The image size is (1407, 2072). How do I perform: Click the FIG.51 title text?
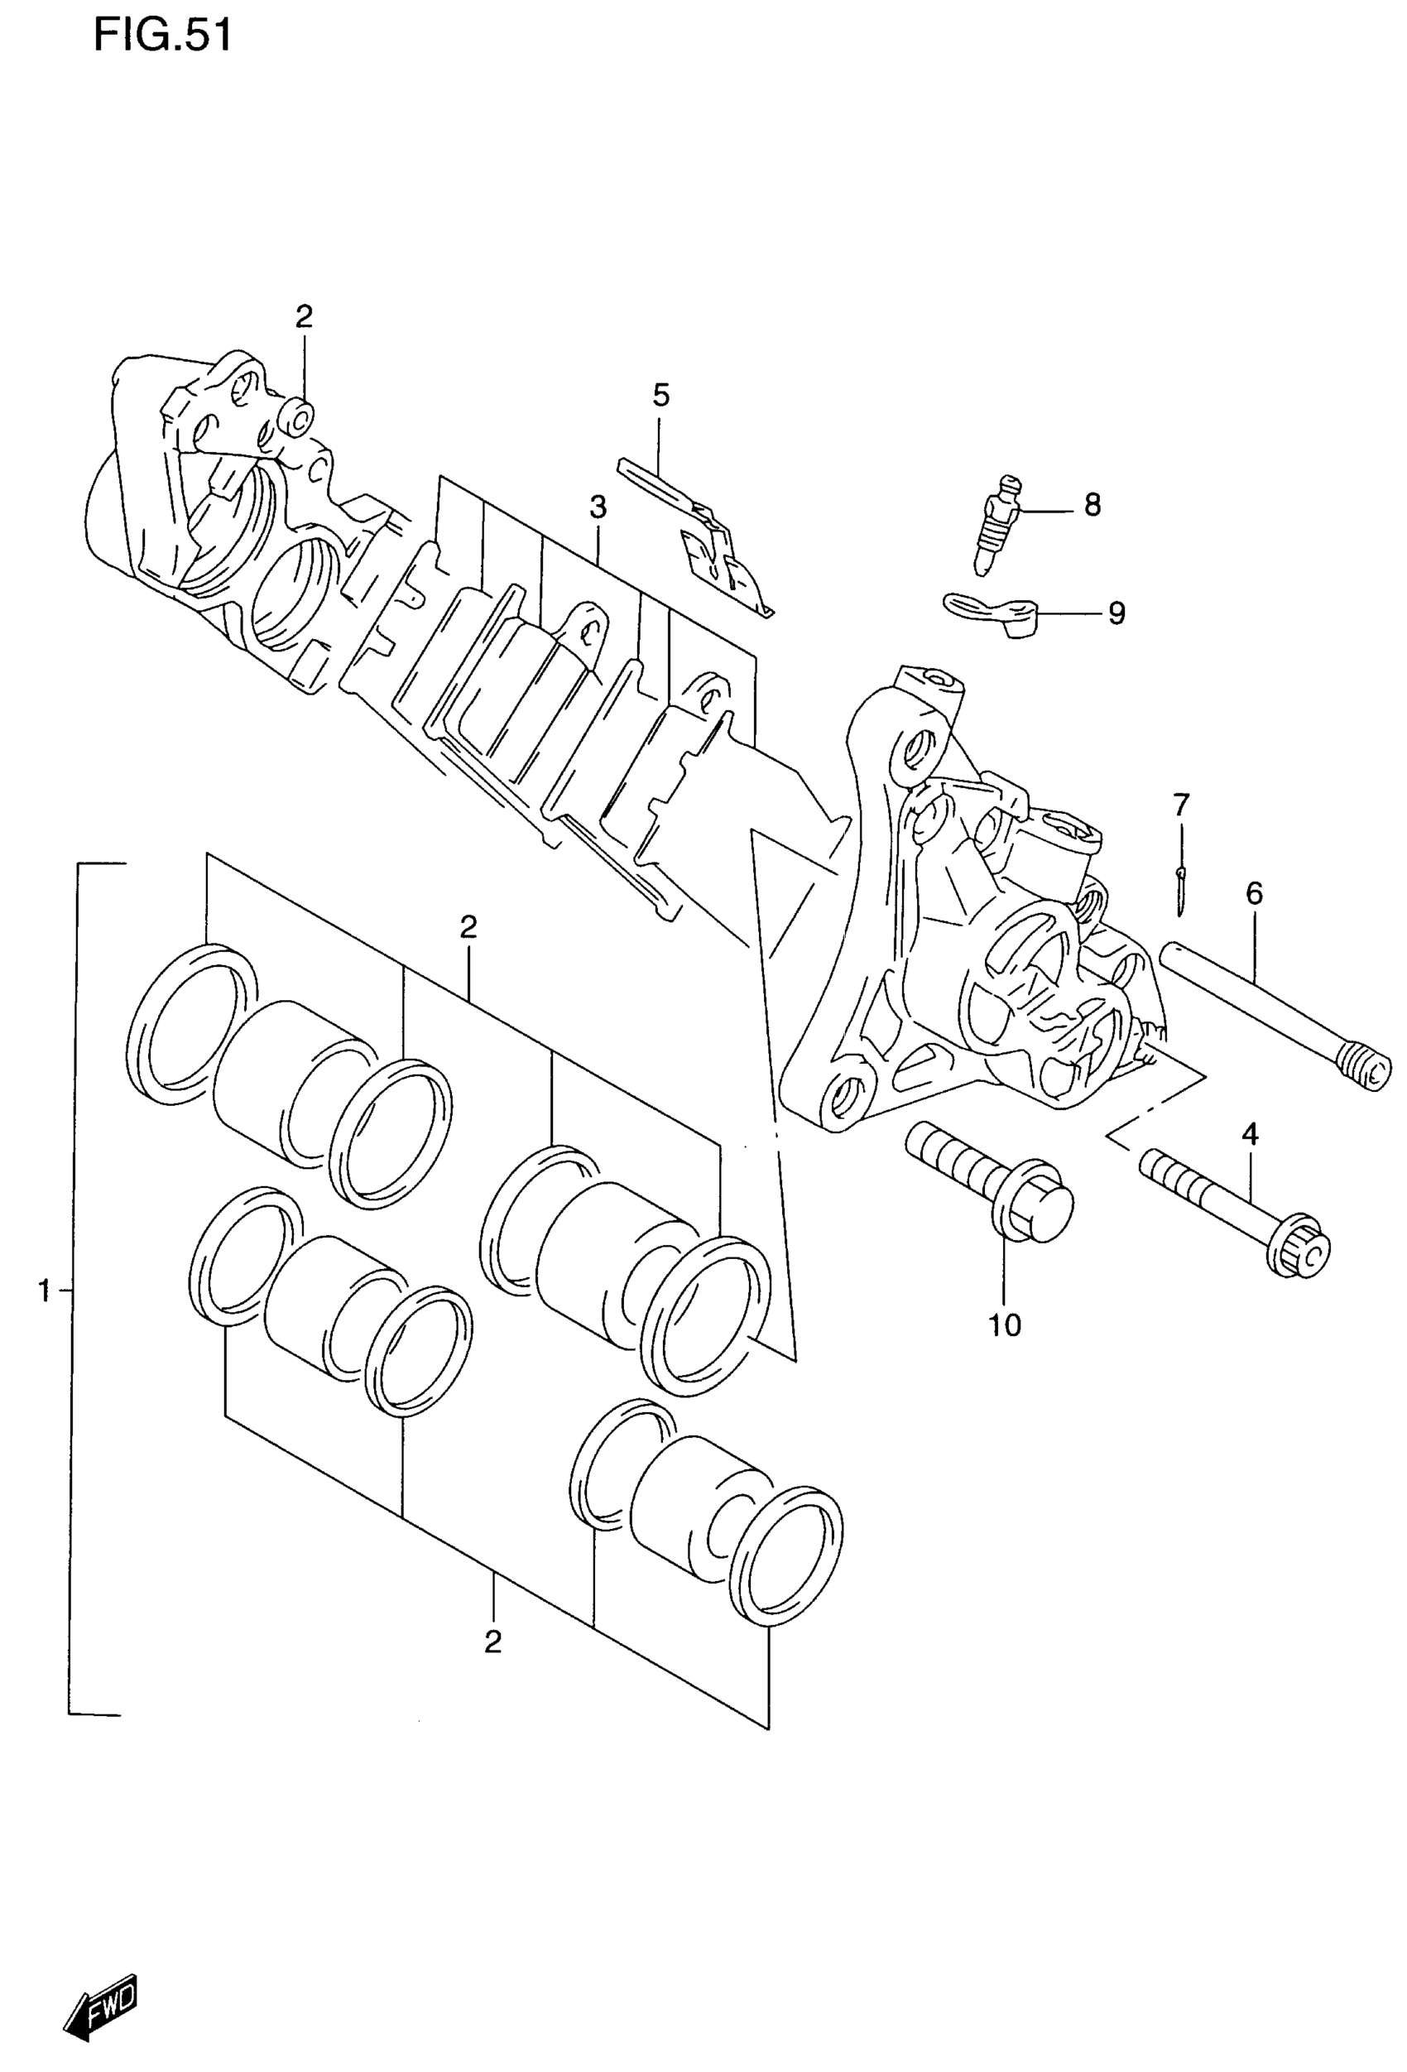[x=162, y=37]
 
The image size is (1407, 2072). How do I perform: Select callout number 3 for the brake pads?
[x=598, y=508]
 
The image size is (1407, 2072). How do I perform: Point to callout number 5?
[x=660, y=394]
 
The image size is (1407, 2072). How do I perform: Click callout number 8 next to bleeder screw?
[x=1092, y=506]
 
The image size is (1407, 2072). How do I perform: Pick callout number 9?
[x=1116, y=613]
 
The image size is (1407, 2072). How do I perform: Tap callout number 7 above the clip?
[x=1180, y=805]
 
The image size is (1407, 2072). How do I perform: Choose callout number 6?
[x=1255, y=892]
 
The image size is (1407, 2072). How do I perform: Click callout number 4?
[x=1249, y=1135]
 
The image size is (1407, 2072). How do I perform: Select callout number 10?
[x=1004, y=1324]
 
